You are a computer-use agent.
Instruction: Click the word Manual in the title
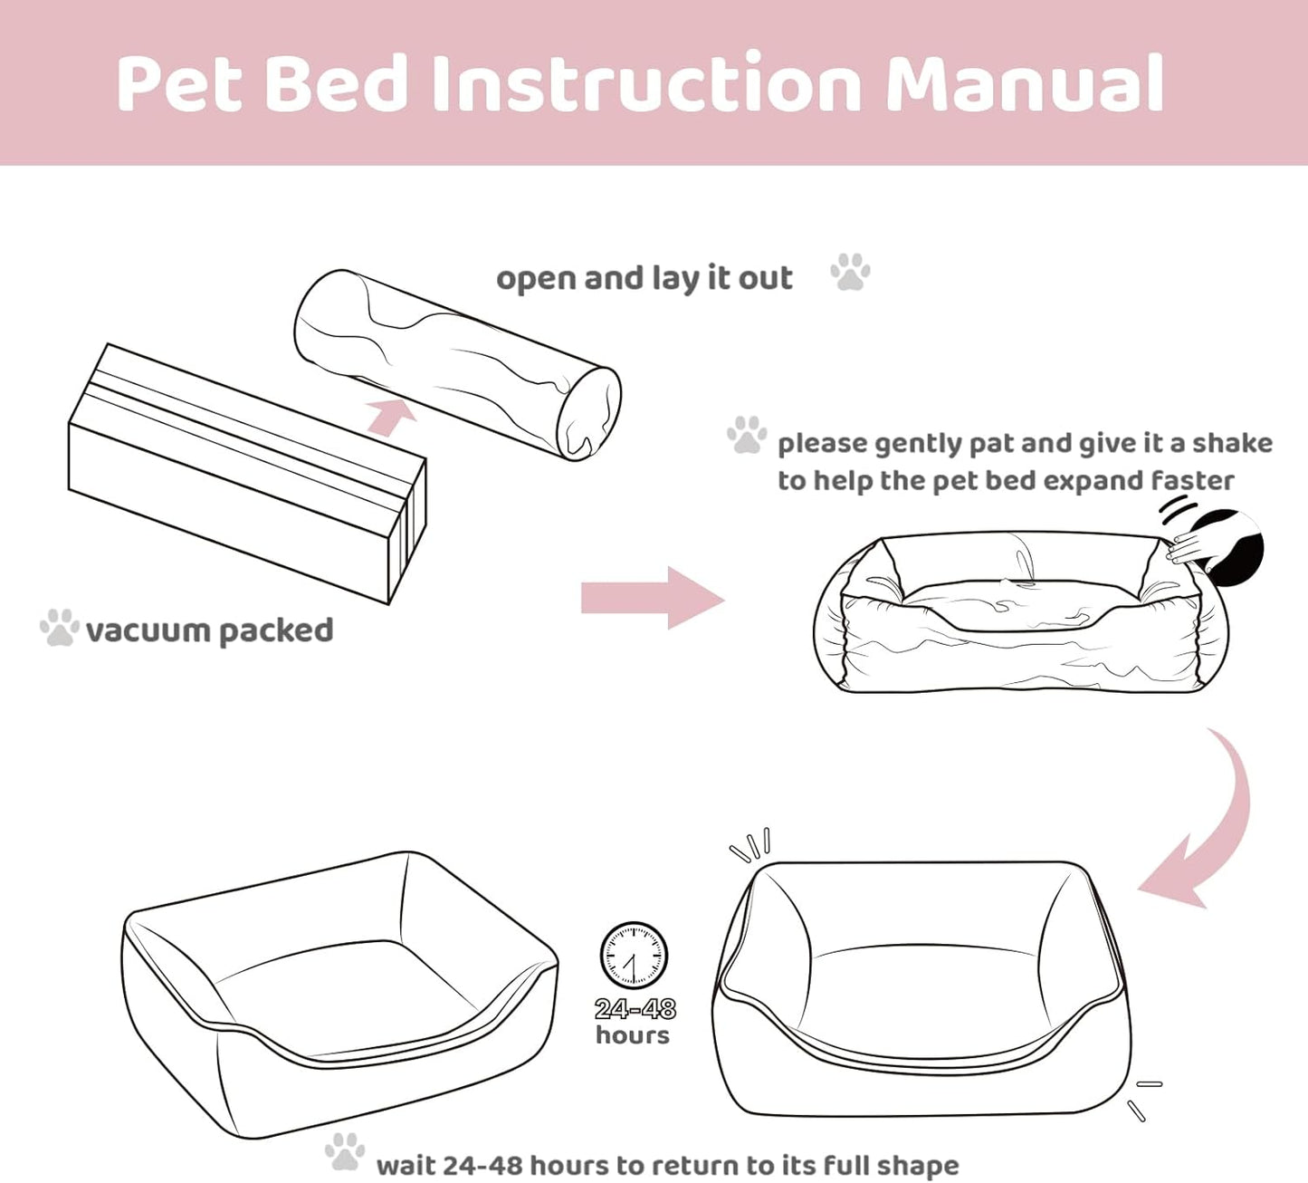coord(1025,82)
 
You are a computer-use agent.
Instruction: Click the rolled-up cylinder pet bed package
coord(458,365)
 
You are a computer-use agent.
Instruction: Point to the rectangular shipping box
coord(247,474)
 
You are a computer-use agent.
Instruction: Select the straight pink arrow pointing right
coord(653,598)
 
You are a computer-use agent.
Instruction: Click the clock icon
coord(633,955)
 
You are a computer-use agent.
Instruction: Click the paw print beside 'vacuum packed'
coord(60,627)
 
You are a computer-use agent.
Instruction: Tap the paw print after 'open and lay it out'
coord(850,272)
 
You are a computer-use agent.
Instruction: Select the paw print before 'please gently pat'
coord(748,435)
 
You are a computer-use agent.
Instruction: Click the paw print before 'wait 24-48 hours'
coord(345,1151)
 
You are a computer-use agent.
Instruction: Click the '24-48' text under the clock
coord(635,1008)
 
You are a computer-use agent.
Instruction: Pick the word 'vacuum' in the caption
coord(147,630)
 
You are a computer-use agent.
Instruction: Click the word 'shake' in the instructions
coord(1232,443)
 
